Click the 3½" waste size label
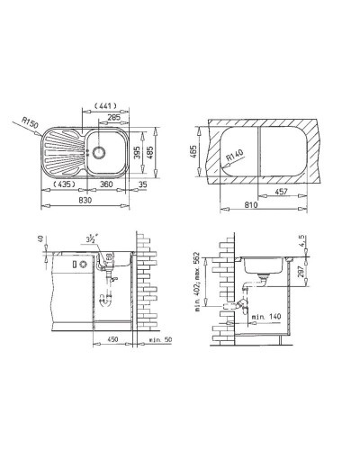[92, 240]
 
